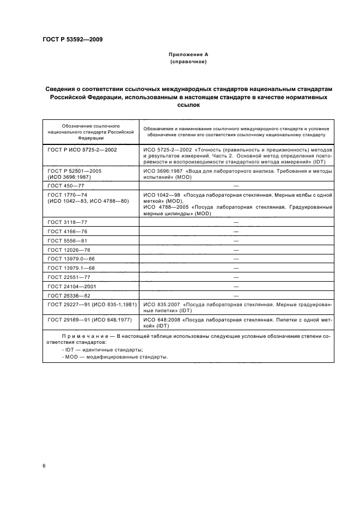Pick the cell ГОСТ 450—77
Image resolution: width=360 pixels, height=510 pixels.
click(x=64, y=186)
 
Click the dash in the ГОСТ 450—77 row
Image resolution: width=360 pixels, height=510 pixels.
click(x=236, y=186)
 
